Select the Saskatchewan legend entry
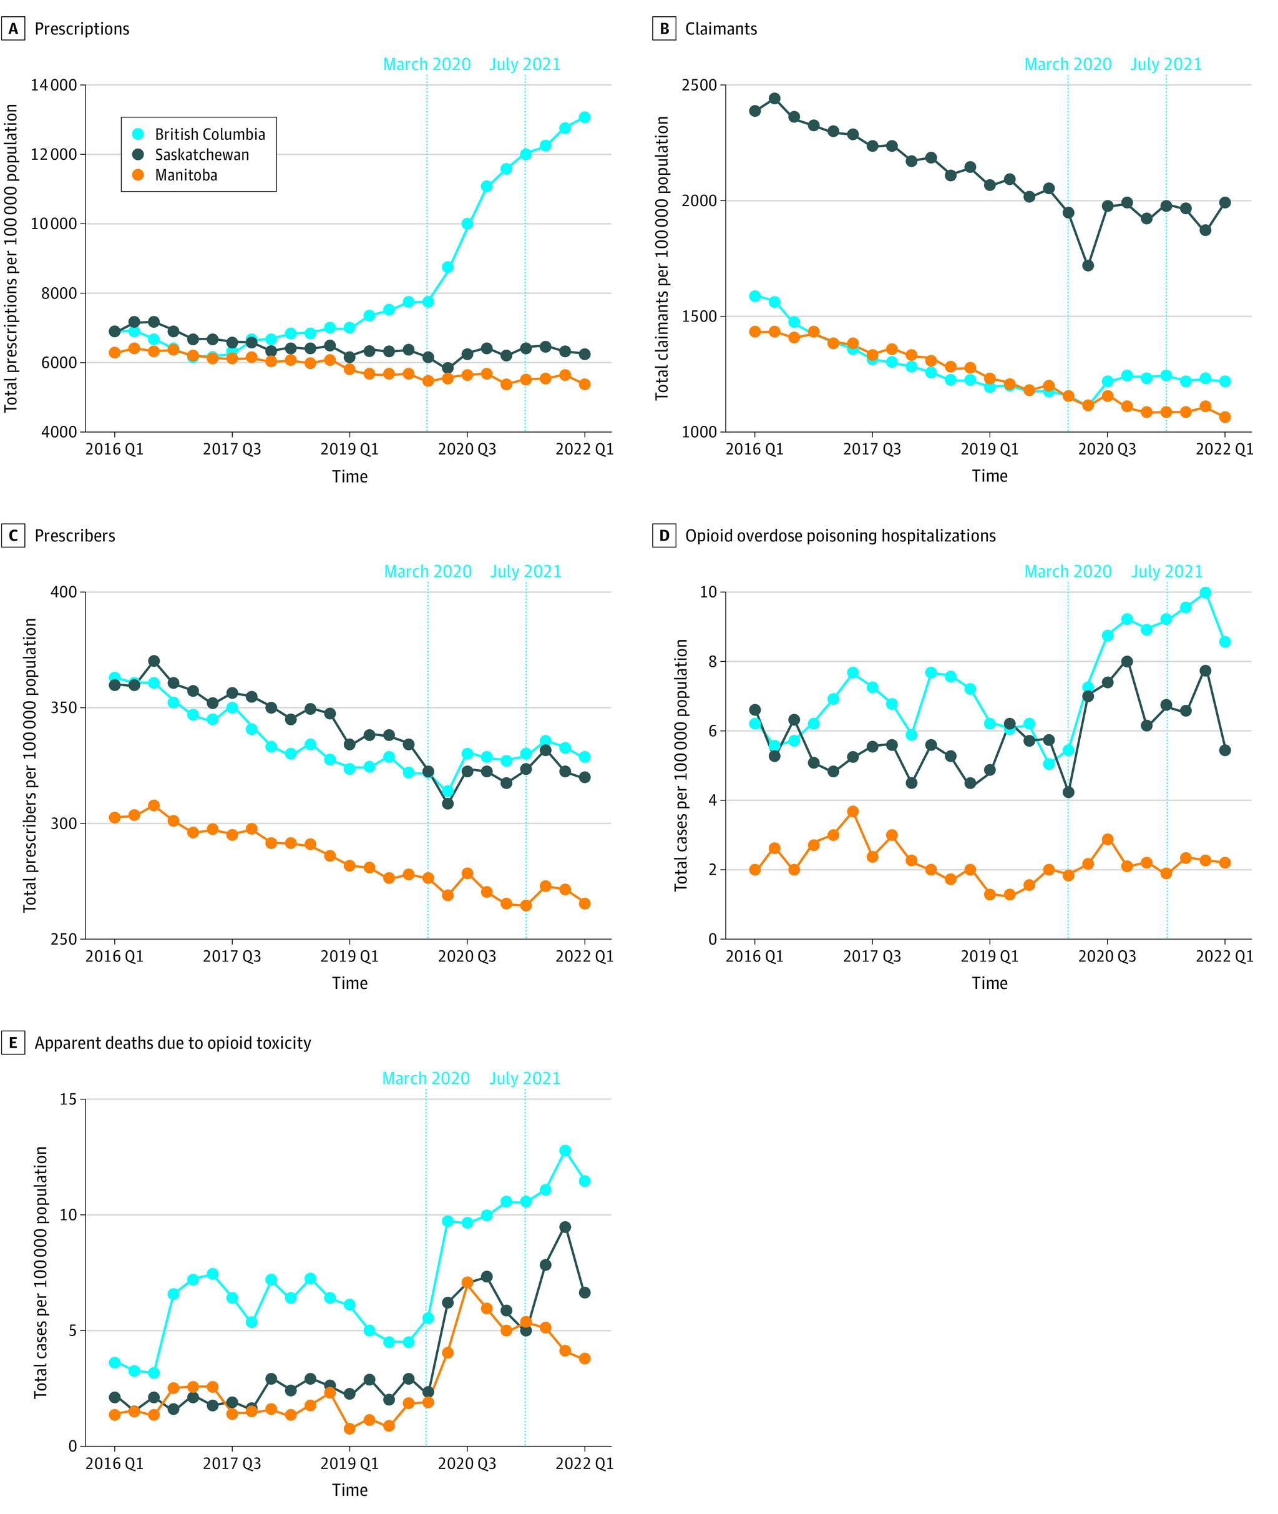pyautogui.click(x=201, y=154)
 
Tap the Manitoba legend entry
pyautogui.click(x=185, y=175)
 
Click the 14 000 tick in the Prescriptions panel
pyautogui.click(x=53, y=85)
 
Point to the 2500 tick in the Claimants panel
pyautogui.click(x=698, y=85)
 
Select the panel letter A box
pyautogui.click(x=12, y=29)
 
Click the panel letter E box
pyautogui.click(x=12, y=1043)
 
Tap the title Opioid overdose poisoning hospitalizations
pyautogui.click(x=840, y=536)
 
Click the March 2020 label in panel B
pyautogui.click(x=1067, y=64)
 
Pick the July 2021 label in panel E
pyautogui.click(x=525, y=1078)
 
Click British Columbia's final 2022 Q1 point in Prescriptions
pyautogui.click(x=585, y=117)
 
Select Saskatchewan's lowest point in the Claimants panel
pyautogui.click(x=1088, y=265)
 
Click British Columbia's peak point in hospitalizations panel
pyautogui.click(x=1205, y=593)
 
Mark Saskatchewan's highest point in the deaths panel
pyautogui.click(x=565, y=1227)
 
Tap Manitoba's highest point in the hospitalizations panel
pyautogui.click(x=852, y=812)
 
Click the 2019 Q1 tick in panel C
pyautogui.click(x=349, y=956)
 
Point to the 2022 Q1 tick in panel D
pyautogui.click(x=1224, y=956)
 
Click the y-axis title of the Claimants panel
pyautogui.click(x=661, y=258)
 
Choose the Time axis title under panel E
pyautogui.click(x=349, y=1490)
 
